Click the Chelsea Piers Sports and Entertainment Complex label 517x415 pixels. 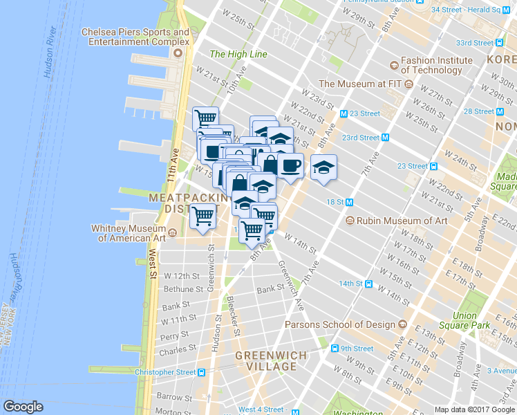point(135,37)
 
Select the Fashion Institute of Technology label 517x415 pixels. point(431,65)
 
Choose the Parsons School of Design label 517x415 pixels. point(341,324)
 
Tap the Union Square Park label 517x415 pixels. point(475,320)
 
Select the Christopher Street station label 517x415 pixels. point(166,372)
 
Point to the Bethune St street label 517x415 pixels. point(182,288)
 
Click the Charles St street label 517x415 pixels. point(173,351)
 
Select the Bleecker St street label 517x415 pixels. point(234,317)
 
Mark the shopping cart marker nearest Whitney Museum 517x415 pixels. point(203,218)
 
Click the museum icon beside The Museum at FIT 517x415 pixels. point(408,84)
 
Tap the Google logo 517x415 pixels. point(23,407)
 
